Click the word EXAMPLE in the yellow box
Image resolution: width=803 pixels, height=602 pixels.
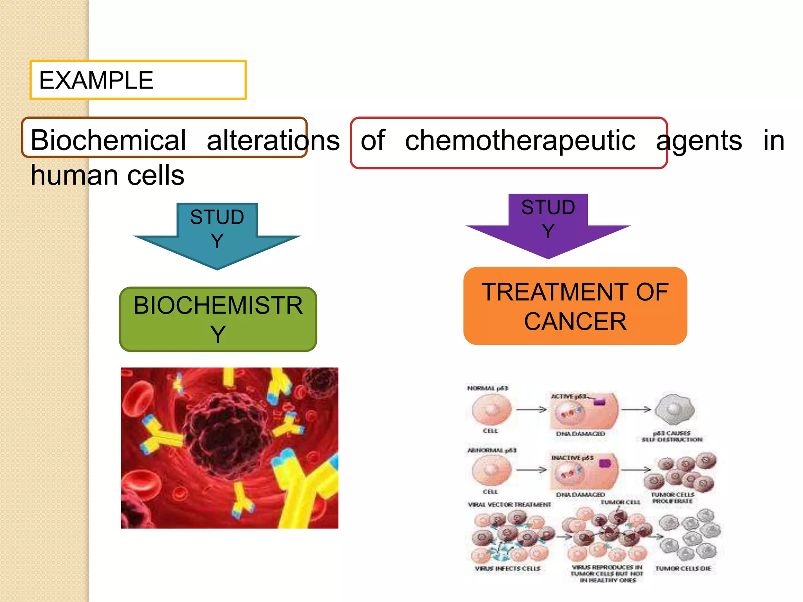[x=96, y=80]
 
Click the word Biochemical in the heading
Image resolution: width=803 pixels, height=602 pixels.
[x=108, y=140]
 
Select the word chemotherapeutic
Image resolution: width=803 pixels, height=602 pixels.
[x=520, y=140]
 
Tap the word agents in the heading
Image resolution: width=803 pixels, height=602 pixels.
[x=699, y=140]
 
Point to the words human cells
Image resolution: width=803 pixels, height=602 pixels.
[x=107, y=175]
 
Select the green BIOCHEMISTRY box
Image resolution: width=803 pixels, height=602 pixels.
[x=218, y=319]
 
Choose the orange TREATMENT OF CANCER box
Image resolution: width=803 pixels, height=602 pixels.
[x=575, y=306]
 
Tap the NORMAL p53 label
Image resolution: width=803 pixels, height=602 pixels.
[x=487, y=388]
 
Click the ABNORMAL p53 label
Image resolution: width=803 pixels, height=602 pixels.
[x=492, y=450]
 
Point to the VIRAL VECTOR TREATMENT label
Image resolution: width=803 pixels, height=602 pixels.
[x=509, y=505]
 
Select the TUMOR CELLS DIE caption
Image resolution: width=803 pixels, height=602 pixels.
[x=683, y=568]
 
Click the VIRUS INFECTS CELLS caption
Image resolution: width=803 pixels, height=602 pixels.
[x=507, y=568]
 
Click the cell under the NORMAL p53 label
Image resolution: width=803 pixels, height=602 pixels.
[x=492, y=410]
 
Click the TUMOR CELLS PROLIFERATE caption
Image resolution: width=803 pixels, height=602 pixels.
[x=672, y=498]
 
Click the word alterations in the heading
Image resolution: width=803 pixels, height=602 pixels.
[x=273, y=140]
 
